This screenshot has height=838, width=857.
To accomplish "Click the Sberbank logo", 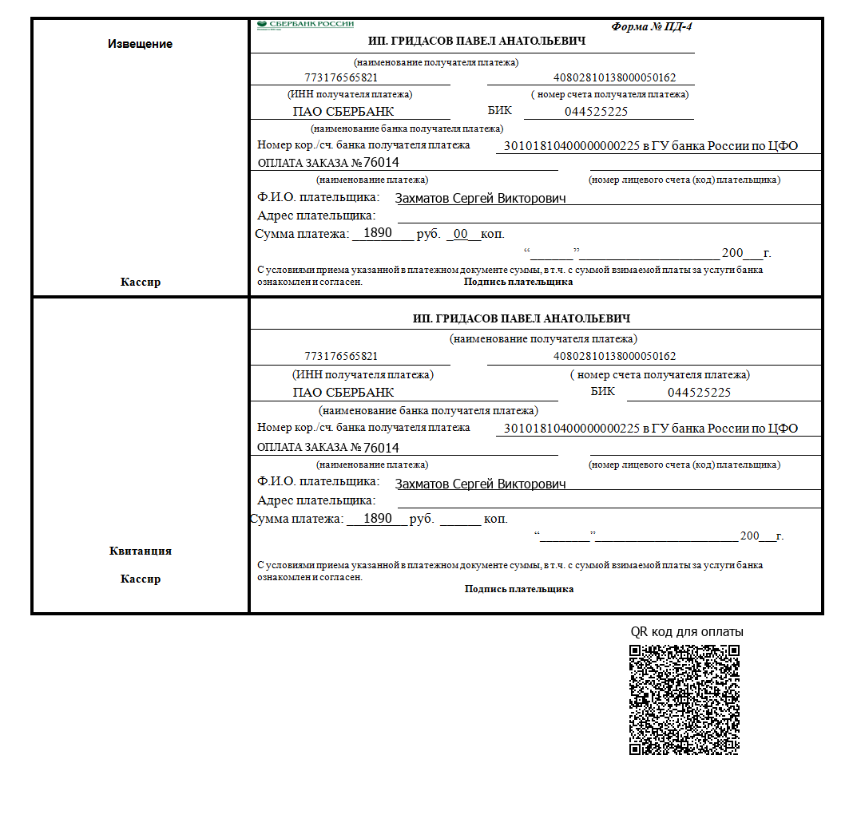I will point(305,25).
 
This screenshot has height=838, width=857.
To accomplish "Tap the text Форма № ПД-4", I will point(652,26).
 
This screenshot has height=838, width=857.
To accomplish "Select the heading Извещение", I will point(140,44).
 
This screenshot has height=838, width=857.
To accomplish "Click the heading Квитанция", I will point(141,551).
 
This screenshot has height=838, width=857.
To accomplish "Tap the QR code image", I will point(684,699).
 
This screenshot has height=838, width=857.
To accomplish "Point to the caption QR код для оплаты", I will point(687,632).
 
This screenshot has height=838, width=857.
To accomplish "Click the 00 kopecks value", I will point(460,234).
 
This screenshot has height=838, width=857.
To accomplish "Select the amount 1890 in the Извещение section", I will point(377,233).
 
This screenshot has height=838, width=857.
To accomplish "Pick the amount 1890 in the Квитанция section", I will point(377,518).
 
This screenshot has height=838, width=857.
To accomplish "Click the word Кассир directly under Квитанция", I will point(141,579).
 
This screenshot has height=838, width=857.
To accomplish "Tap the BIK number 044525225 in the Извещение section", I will point(596,112).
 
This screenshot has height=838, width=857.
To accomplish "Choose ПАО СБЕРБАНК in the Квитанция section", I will point(343,393).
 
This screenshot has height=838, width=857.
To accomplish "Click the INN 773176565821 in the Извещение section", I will point(341,78).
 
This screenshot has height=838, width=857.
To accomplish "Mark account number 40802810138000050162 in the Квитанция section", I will point(614,356).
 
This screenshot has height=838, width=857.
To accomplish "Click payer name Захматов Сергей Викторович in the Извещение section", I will point(480,198).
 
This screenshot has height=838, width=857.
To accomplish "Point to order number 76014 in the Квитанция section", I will point(381,448).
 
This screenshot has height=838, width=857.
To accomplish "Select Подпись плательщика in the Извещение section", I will point(518,282).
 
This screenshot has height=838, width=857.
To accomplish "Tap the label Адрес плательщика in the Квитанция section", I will point(315,500).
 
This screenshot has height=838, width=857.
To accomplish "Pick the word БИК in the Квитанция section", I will point(603,391).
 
